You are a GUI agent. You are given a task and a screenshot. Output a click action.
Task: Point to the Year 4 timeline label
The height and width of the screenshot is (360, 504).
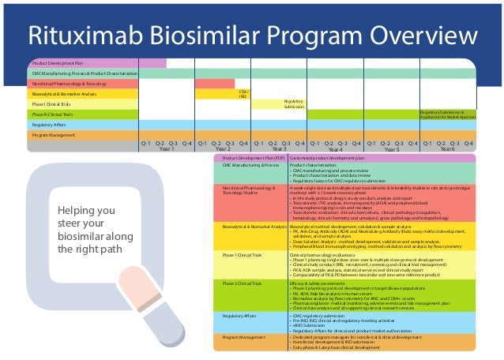(x=335, y=148)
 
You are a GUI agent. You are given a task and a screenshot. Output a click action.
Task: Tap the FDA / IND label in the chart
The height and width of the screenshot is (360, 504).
(x=243, y=94)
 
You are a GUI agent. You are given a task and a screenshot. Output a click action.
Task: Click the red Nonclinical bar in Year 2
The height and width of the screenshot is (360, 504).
(x=215, y=83)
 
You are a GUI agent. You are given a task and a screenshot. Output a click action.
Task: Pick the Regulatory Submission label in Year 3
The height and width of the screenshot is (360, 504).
(x=293, y=104)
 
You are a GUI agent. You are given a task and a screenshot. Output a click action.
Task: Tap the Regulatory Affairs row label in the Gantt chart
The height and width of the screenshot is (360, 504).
(x=48, y=125)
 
